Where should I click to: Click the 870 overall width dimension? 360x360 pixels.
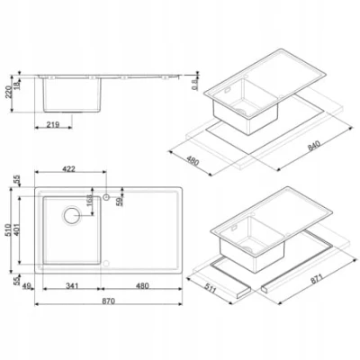[108, 301]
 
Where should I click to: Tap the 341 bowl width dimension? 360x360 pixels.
[71, 286]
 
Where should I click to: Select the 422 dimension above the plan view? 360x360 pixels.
[68, 169]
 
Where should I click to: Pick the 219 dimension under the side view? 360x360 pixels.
[53, 124]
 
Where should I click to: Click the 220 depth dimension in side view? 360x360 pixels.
[10, 92]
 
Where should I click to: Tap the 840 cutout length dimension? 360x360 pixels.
[314, 145]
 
